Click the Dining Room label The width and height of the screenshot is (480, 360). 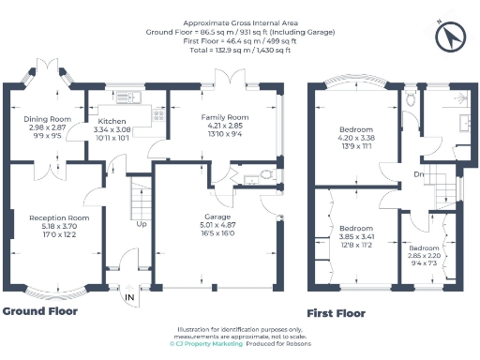pos(47,119)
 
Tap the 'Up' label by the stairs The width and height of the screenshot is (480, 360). pos(142,225)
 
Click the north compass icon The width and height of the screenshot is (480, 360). pos(453,36)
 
